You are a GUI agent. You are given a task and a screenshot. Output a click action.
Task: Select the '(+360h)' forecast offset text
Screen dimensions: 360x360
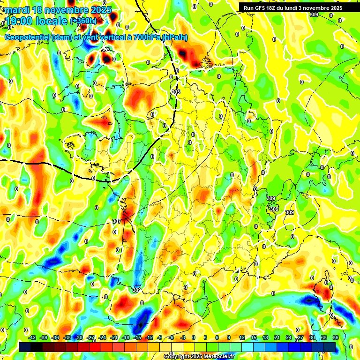coord(83,21)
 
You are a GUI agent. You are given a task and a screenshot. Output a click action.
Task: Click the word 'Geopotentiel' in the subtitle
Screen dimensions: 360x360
coord(28,37)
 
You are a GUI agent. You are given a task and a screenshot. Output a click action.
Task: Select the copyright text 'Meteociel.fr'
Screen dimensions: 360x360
coord(218,357)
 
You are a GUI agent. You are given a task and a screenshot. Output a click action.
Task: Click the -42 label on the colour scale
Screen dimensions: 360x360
coord(32,337)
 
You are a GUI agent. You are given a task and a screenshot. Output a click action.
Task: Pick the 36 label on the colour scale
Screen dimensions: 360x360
coord(336,337)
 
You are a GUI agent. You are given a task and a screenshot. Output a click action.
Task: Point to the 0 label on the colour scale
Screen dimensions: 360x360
coord(194,337)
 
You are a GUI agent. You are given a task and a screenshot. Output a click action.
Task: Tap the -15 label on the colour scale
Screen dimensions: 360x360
coord(137,337)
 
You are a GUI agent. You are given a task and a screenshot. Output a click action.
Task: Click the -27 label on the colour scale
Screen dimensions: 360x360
coord(90,337)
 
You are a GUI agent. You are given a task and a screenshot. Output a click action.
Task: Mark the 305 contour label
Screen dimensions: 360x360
coord(176,92)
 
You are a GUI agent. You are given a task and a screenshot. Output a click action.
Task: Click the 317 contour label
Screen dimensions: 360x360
coord(117,221)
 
